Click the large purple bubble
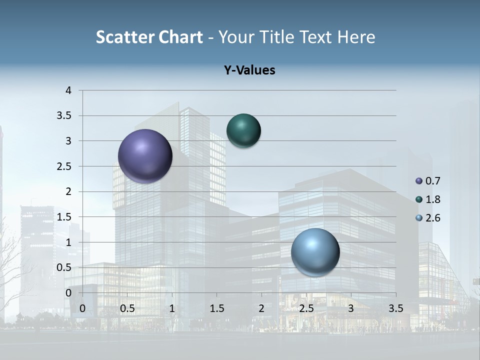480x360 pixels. tap(145, 156)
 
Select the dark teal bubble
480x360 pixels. tap(243, 130)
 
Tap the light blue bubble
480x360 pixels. tap(315, 252)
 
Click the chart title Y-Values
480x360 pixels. tap(249, 70)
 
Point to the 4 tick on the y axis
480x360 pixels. tap(68, 90)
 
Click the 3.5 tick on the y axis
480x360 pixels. tap(64, 116)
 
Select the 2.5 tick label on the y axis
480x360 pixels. tap(64, 166)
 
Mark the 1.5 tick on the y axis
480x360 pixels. tap(64, 217)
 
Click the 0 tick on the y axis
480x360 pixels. tap(68, 292)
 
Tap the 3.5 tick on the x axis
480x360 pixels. tap(395, 308)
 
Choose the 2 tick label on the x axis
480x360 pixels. tap(261, 308)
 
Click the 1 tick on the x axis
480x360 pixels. tap(172, 308)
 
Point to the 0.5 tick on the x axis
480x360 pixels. tap(127, 308)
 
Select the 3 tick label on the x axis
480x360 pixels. tap(351, 308)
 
